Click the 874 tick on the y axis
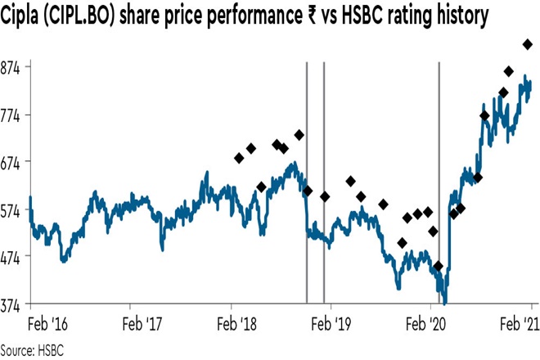coord(12,67)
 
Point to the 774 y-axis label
coord(12,115)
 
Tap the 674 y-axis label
coord(12,162)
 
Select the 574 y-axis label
coord(12,209)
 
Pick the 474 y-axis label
coord(12,256)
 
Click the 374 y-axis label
coord(12,304)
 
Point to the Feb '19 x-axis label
coord(331,323)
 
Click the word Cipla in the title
coord(24,16)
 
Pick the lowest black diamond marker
coord(439,266)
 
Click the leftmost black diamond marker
coord(239,158)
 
